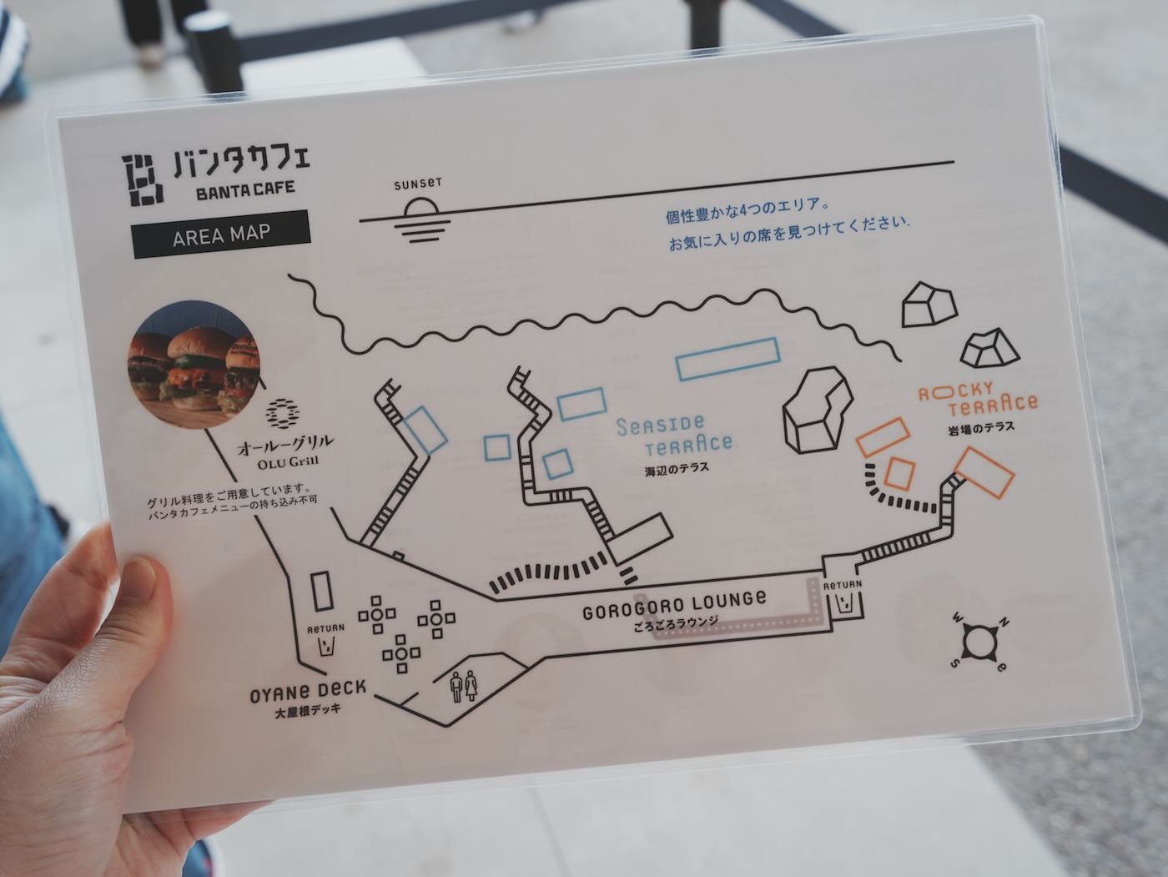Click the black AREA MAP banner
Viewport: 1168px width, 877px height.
point(221,234)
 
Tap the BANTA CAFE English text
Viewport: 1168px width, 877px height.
point(245,190)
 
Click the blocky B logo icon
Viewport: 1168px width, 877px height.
point(142,180)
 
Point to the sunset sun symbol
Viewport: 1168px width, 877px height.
point(422,220)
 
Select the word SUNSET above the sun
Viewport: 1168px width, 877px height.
point(418,184)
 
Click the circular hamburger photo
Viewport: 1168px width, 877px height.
point(194,365)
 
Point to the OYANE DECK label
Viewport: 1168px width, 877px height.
point(308,691)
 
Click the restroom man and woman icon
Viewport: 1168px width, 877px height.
point(464,687)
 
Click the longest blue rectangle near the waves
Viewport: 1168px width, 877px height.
point(728,360)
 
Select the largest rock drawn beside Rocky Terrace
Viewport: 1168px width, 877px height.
point(818,409)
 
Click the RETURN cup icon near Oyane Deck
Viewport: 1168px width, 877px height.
point(325,647)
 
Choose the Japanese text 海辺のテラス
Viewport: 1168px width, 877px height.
point(677,468)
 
